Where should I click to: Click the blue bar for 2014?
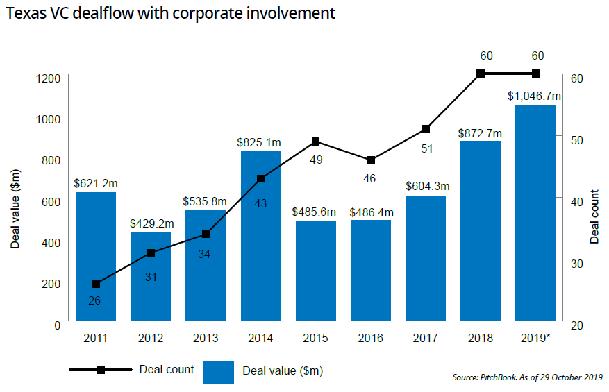[x=261, y=237]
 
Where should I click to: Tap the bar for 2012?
[x=151, y=277]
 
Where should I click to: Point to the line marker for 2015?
[x=316, y=142]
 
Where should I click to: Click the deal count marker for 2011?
[x=96, y=284]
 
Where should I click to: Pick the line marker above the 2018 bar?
[x=480, y=74]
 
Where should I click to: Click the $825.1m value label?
[x=261, y=142]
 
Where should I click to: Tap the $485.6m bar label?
[x=316, y=211]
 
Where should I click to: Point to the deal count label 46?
[x=369, y=178]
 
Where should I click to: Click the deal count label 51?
[x=425, y=147]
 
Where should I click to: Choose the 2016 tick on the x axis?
[x=371, y=339]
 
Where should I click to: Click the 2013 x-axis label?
[x=206, y=339]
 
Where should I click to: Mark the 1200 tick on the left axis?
[x=49, y=78]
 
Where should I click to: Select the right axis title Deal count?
[x=595, y=216]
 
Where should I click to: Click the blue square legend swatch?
[x=218, y=370]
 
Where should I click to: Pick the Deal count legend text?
[x=167, y=369]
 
